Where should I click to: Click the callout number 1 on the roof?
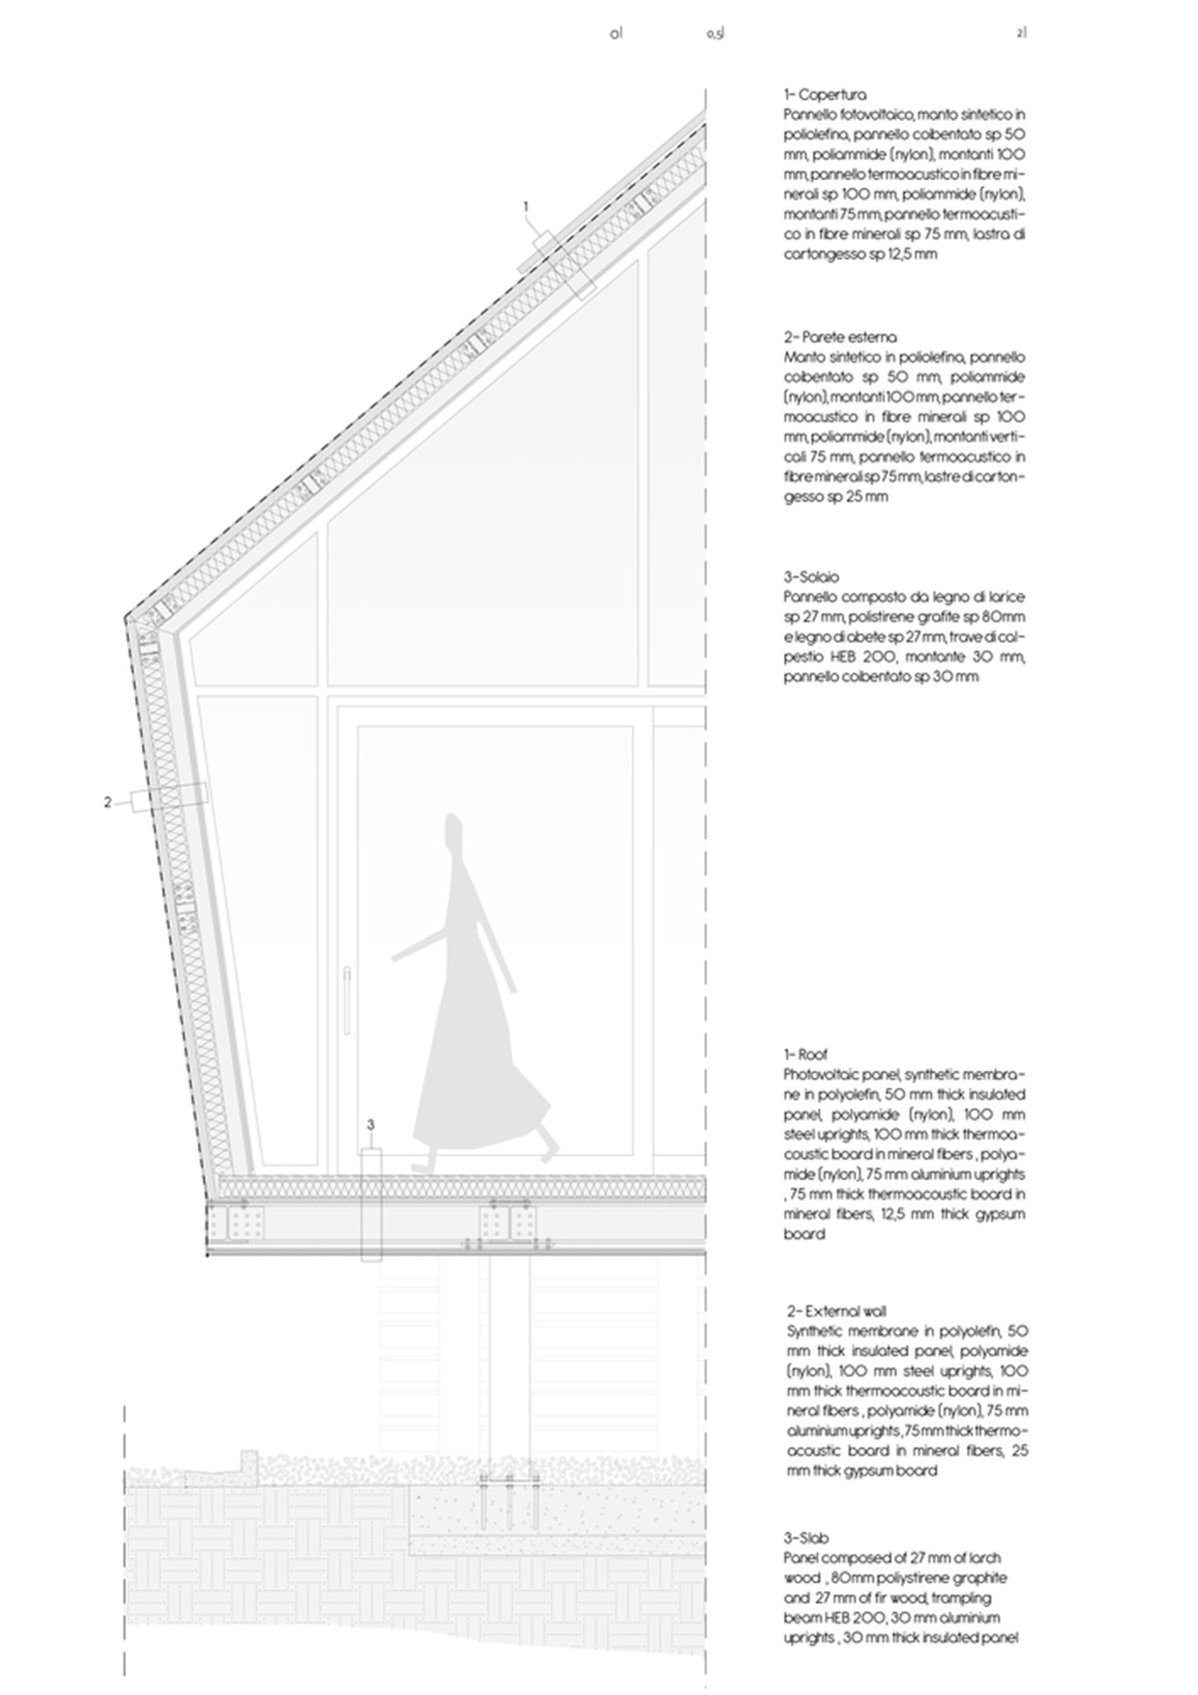pos(526,207)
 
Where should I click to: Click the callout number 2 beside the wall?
pos(108,801)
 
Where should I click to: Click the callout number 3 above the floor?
pos(370,1125)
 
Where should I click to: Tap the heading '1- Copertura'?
pos(825,96)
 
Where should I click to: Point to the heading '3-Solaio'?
pos(812,577)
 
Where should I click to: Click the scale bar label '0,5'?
pos(714,34)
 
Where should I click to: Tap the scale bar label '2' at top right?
pos(1020,34)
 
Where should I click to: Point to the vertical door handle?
pos(344,999)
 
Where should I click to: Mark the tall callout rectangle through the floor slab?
pos(371,1204)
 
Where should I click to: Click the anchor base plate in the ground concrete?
pos(508,1478)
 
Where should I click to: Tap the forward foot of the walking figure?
pos(422,1164)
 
